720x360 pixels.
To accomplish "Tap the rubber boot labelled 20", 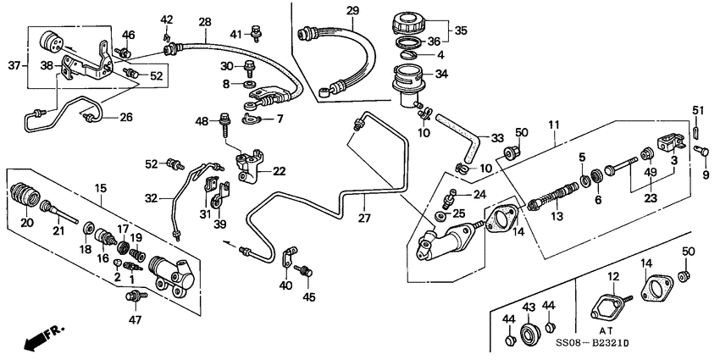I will (x=27, y=200).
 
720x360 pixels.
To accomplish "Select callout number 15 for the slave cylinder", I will (x=101, y=187).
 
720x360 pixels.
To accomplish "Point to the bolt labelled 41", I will (x=255, y=34).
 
